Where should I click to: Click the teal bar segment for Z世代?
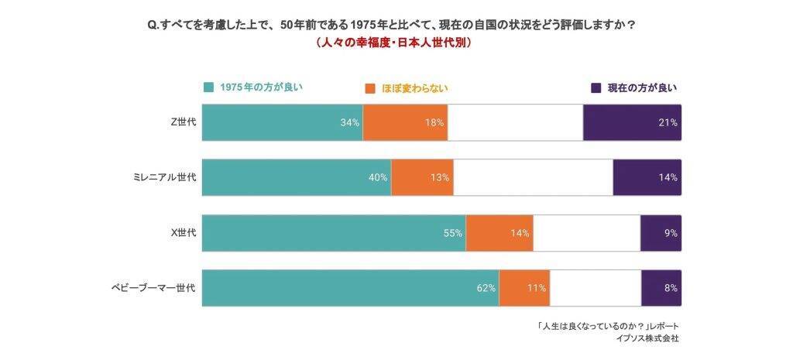point(282,122)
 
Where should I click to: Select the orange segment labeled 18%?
point(405,122)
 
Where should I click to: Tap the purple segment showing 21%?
point(632,122)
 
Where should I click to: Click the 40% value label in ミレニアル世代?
point(378,177)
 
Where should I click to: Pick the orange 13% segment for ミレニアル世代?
point(422,177)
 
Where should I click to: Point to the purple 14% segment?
point(647,177)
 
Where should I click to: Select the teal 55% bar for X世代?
point(334,233)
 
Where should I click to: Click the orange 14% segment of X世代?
point(499,233)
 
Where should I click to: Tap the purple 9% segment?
point(661,233)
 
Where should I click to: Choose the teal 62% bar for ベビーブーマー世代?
point(350,288)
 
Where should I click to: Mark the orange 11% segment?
point(524,288)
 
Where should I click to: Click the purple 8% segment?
point(661,288)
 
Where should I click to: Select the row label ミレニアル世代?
point(163,177)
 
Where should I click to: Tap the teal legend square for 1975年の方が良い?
point(208,87)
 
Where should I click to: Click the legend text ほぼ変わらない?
point(415,88)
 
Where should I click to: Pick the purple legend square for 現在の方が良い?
point(596,87)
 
